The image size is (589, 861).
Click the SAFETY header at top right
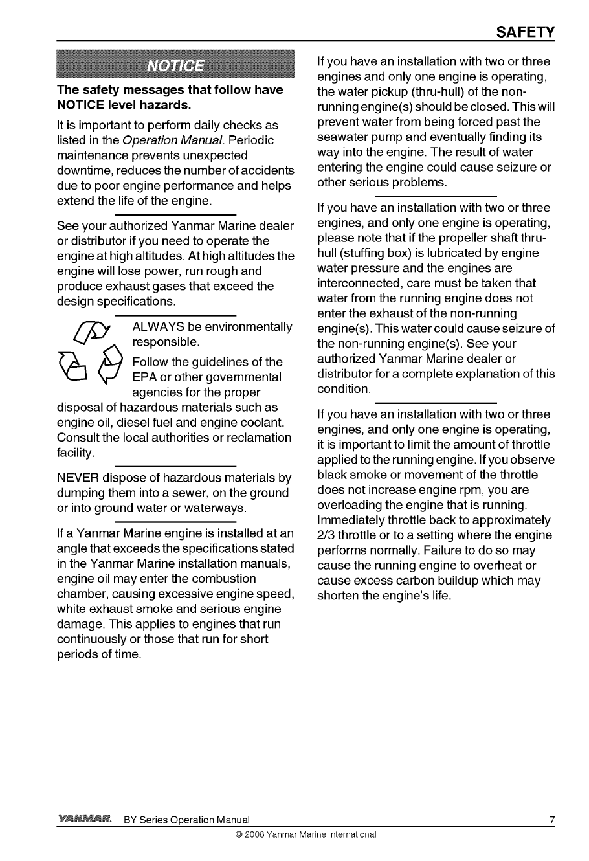(x=524, y=32)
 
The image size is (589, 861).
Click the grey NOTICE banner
(x=175, y=66)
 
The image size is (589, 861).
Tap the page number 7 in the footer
(x=552, y=821)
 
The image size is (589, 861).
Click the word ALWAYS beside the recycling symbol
(x=159, y=326)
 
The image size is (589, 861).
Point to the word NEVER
(x=80, y=478)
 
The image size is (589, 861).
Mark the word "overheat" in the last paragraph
(x=491, y=566)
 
